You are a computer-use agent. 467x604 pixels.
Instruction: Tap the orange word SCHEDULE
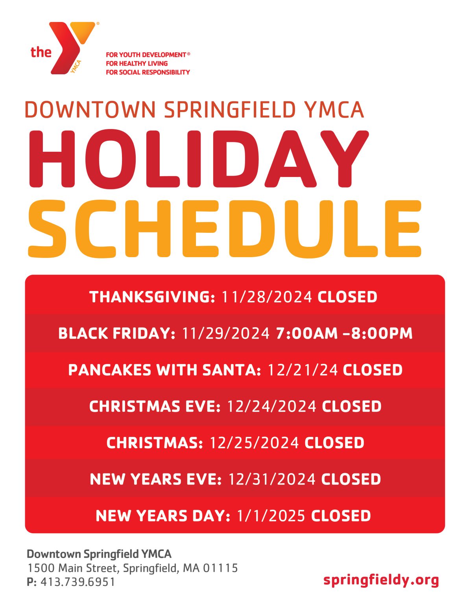click(x=224, y=229)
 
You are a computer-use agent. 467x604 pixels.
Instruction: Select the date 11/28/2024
click(x=266, y=297)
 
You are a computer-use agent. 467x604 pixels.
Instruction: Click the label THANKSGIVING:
click(x=152, y=297)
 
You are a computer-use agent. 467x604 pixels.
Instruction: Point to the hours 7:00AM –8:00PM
click(x=344, y=333)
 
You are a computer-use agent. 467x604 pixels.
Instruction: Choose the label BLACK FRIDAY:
click(x=117, y=333)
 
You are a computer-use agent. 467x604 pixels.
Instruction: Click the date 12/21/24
click(x=302, y=370)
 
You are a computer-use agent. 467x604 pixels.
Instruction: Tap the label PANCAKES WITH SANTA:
click(x=164, y=370)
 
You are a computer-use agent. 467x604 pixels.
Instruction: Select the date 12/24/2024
click(x=271, y=406)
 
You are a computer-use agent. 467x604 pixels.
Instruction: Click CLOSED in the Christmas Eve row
click(x=352, y=406)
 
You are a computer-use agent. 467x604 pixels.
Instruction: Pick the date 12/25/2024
click(x=254, y=443)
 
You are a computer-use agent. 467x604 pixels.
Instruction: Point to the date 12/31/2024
click(x=272, y=479)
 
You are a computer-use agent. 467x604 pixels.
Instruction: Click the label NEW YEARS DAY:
click(x=163, y=516)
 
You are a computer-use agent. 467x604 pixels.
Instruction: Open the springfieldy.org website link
click(x=381, y=580)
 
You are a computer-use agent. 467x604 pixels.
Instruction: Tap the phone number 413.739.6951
click(x=78, y=582)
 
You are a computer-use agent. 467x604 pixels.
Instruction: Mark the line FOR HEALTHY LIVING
click(x=137, y=63)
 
